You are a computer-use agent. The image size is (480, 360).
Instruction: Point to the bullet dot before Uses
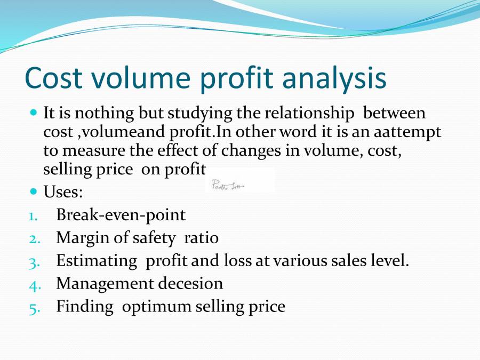click(x=34, y=190)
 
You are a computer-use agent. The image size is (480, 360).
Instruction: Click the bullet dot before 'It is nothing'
click(x=34, y=113)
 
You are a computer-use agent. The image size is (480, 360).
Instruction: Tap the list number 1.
click(x=33, y=216)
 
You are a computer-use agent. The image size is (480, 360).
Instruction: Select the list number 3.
click(x=32, y=262)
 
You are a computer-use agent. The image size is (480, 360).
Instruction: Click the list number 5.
click(x=32, y=308)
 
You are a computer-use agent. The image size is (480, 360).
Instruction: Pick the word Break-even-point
click(x=121, y=215)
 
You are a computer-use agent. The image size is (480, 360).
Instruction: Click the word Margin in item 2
click(x=81, y=238)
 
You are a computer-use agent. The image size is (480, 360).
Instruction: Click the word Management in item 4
click(x=105, y=284)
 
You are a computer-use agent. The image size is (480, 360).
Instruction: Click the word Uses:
click(x=63, y=190)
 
